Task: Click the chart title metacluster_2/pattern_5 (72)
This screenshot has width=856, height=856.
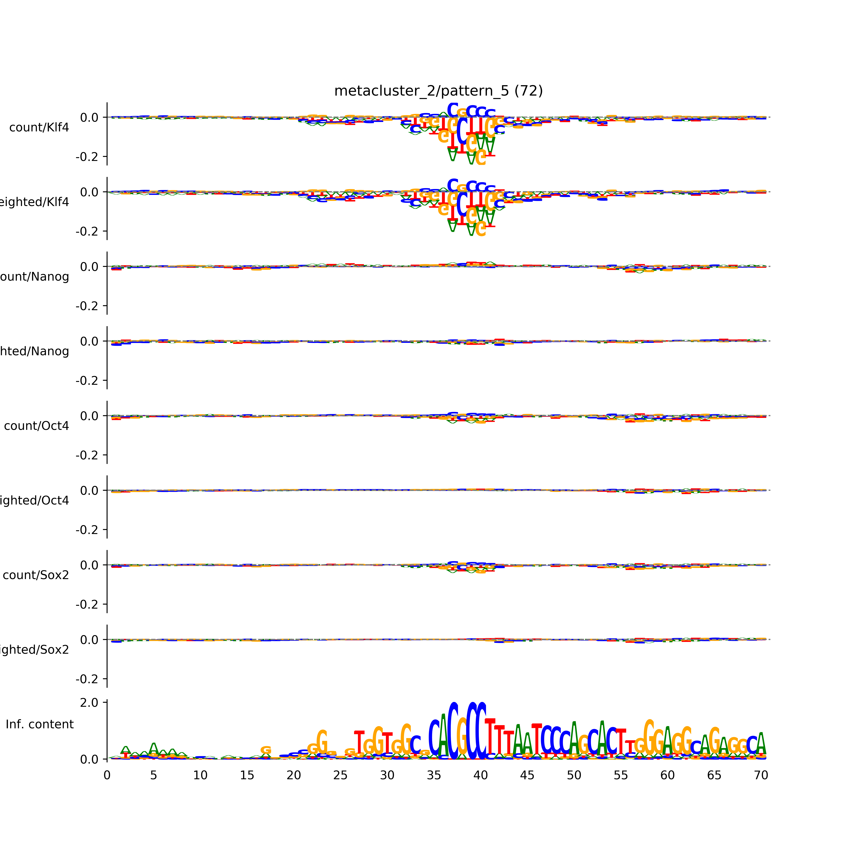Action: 438,91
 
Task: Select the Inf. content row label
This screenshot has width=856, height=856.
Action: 39,724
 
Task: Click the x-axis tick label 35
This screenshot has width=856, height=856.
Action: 434,775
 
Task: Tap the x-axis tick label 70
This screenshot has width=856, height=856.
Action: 761,775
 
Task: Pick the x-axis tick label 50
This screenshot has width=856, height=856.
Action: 574,775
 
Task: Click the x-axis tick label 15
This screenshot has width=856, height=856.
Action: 247,775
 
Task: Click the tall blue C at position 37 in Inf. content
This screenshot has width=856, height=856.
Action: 453,731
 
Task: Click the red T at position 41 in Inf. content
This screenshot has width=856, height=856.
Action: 490,738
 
